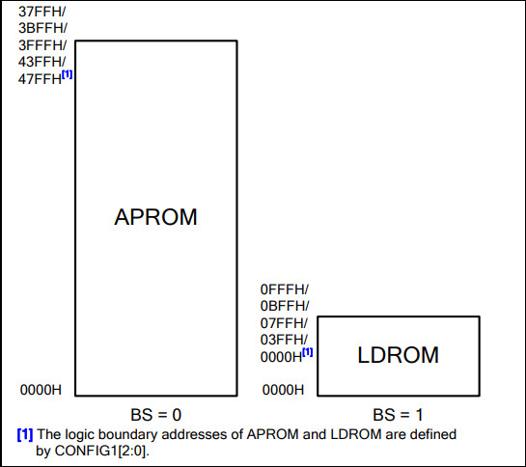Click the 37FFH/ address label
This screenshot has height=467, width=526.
tap(42, 12)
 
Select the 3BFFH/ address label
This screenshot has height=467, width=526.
tap(42, 28)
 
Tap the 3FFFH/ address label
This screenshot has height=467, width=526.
tap(42, 45)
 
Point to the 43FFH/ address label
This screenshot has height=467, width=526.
tap(42, 62)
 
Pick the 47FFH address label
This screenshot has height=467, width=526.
tap(40, 79)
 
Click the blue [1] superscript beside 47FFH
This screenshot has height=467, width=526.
tap(68, 74)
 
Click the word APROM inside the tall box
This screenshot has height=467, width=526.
tap(155, 217)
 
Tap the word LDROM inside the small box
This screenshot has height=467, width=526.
tap(399, 355)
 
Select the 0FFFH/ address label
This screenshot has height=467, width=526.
tap(285, 289)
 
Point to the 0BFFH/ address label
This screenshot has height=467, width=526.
tap(285, 306)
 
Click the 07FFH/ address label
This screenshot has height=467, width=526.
tap(284, 323)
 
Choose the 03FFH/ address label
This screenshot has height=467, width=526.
tap(284, 340)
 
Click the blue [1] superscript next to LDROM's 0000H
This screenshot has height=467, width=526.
tap(308, 352)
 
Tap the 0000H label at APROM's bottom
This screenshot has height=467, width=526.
tap(41, 390)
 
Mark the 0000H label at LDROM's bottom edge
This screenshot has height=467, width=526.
tap(283, 390)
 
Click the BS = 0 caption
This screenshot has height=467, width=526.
tap(156, 415)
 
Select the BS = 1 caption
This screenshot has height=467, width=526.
tap(398, 415)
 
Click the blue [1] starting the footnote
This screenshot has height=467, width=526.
tap(25, 434)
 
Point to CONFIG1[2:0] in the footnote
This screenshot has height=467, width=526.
tap(101, 451)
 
